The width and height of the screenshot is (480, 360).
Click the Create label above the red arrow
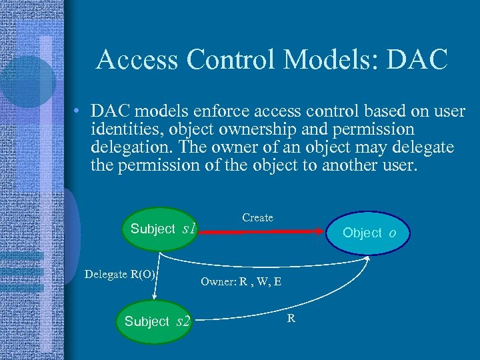click(257, 218)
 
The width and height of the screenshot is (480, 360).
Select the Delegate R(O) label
click(120, 275)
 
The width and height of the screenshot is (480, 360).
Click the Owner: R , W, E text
click(241, 282)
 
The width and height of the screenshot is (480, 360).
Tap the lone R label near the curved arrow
click(291, 318)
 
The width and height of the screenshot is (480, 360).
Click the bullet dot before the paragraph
click(78, 111)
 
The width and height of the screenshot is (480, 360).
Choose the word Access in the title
click(137, 60)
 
